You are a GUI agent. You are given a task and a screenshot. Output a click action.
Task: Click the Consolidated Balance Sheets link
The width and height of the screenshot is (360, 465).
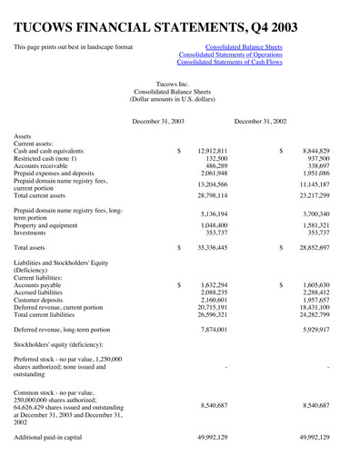[244, 45]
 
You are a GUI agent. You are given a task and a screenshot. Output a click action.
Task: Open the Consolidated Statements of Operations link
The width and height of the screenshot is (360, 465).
[231, 54]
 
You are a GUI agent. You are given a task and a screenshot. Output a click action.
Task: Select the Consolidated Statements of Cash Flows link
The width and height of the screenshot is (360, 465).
[230, 63]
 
